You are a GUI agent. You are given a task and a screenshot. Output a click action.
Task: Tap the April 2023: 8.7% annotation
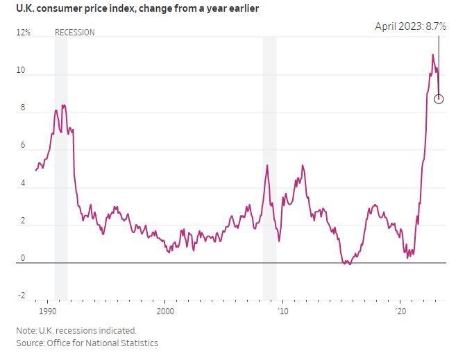coord(410,26)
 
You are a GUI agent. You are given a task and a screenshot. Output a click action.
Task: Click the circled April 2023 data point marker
coord(439,98)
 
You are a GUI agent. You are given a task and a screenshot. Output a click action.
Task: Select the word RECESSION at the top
coord(74,33)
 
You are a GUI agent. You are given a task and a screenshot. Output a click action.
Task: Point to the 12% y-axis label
coord(24,33)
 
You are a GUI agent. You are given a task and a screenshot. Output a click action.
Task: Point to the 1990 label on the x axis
coord(48,311)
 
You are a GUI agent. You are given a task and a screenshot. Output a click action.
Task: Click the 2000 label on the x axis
coord(165,311)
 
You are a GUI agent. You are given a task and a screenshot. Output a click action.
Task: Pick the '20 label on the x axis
coord(400,311)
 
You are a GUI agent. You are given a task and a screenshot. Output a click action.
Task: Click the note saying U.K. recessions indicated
coord(76,330)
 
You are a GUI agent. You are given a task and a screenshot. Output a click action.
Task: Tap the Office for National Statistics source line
coord(87,343)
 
